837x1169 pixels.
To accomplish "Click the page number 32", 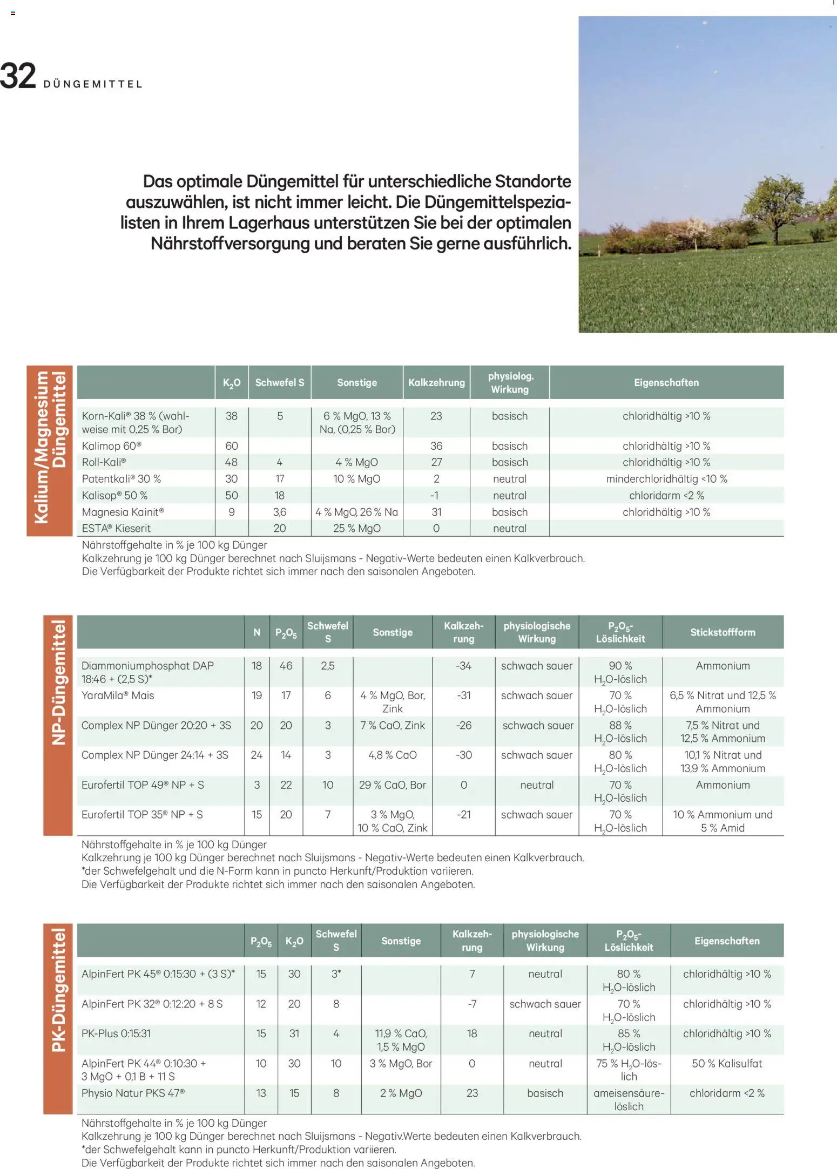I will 18,76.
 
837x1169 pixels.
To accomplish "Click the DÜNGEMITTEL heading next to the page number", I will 93,84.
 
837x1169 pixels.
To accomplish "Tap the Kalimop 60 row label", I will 112,446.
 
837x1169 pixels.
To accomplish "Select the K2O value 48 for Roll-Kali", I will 231,462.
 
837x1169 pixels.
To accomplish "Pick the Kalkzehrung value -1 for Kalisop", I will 436,495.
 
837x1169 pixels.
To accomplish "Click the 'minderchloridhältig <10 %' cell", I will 666,479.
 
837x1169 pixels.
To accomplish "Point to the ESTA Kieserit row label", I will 116,528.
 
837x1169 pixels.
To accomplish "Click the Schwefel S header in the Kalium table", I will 279,382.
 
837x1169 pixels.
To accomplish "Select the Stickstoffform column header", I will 723,632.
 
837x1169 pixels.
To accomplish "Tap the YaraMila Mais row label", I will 118,695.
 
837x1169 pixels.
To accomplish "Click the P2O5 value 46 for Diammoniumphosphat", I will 286,666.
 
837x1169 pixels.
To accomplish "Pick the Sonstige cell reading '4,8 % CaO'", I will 392,755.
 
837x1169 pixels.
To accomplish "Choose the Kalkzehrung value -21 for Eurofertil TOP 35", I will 463,814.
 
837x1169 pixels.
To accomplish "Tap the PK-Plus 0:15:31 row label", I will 116,1033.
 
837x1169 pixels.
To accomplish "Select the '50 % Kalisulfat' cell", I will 727,1063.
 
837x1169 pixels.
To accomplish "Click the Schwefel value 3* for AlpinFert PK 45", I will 336,974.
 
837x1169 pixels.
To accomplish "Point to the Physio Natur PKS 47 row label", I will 133,1093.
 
